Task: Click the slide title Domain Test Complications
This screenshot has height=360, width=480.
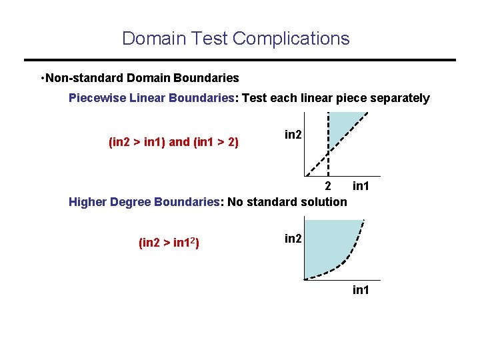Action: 235,38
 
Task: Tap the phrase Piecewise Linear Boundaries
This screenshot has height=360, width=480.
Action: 151,98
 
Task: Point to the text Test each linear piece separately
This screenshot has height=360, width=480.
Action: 336,98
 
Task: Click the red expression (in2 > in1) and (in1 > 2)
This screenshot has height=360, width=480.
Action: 173,142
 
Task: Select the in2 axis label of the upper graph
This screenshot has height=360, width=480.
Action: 293,135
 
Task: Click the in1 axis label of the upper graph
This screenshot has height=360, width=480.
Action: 361,185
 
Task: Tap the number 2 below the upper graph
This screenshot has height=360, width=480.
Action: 327,185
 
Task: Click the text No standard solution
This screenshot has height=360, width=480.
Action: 287,201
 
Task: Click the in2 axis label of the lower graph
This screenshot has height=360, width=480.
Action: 293,238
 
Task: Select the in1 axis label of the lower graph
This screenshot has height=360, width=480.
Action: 361,290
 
